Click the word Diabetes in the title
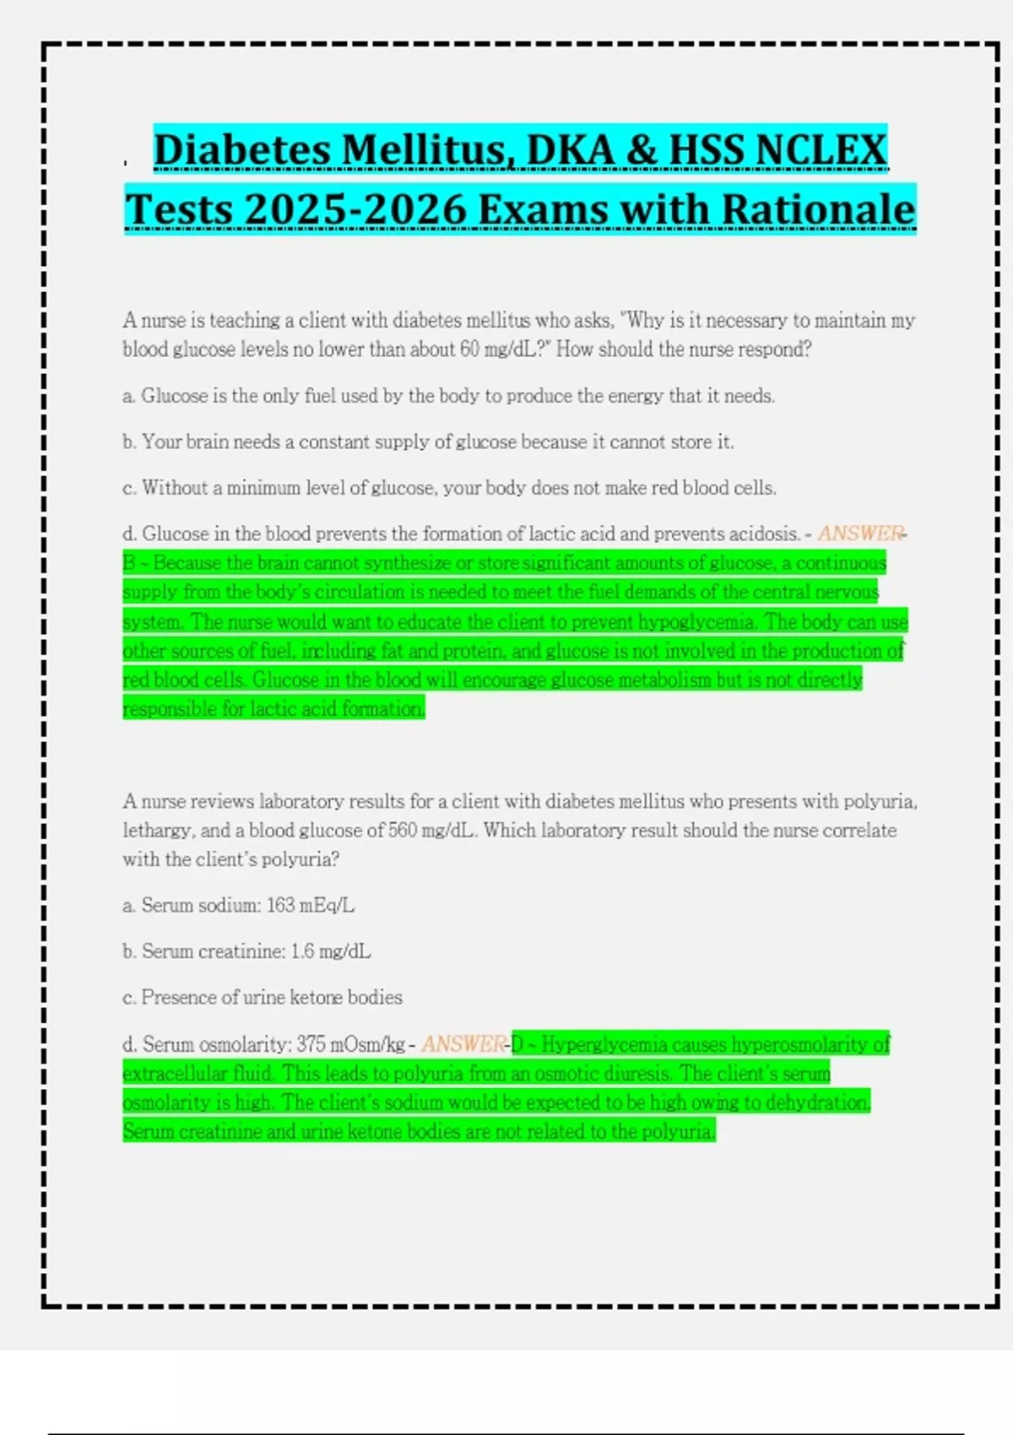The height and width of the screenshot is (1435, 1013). click(242, 150)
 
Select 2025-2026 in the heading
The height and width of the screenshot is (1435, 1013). click(355, 209)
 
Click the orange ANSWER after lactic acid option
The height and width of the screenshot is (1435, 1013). click(859, 533)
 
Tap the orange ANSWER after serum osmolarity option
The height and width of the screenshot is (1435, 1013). click(463, 1044)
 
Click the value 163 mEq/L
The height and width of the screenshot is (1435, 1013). click(310, 906)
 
